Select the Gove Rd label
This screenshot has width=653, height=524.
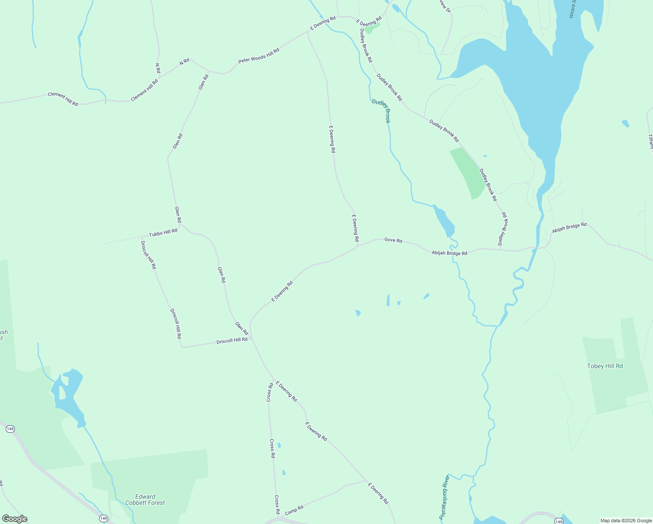point(393,240)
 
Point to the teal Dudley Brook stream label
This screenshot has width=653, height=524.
point(381,111)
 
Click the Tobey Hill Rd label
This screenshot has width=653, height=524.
point(605,366)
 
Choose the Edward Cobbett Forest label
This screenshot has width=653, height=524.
point(145,500)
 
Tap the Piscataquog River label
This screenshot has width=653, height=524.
point(444,497)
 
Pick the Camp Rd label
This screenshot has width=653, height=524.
point(294,510)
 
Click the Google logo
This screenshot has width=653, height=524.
point(15,519)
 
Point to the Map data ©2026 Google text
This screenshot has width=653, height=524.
point(626,521)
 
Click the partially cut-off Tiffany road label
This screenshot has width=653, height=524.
point(650,142)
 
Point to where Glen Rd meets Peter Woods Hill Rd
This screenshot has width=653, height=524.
point(209,71)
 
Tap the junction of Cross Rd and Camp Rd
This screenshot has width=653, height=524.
point(278,518)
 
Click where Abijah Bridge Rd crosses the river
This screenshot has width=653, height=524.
point(536,248)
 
